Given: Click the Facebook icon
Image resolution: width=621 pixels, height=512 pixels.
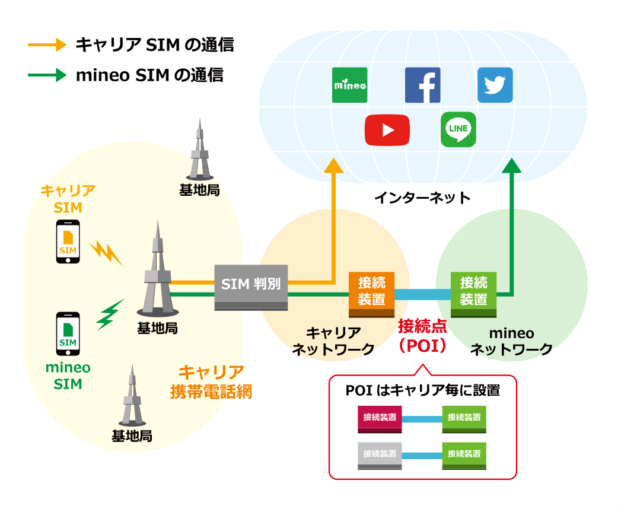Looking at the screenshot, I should click(x=422, y=85).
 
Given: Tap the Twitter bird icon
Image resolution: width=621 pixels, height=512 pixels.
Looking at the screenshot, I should click(x=495, y=85).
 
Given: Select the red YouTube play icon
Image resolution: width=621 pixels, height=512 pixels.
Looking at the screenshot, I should click(x=387, y=129).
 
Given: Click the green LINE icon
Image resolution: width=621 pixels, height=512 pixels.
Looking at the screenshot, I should click(x=458, y=129).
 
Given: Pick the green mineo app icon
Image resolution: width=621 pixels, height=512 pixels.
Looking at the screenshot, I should click(x=349, y=85).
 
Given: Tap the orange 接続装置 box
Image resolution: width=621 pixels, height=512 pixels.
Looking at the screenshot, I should click(x=372, y=292).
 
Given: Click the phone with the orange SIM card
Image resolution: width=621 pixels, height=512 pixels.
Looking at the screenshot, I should click(x=68, y=242).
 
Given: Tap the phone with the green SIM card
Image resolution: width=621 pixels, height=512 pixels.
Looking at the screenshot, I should click(x=68, y=333).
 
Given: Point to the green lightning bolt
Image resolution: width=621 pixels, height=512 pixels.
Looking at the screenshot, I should click(x=110, y=314).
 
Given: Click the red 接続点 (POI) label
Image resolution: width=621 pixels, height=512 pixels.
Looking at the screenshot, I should click(x=422, y=336).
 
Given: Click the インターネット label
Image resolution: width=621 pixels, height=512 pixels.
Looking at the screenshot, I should click(x=422, y=198).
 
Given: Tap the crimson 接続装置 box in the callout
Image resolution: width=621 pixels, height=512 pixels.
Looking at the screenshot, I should click(x=380, y=419).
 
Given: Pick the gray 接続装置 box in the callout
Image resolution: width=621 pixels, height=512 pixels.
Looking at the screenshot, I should click(x=380, y=455).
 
